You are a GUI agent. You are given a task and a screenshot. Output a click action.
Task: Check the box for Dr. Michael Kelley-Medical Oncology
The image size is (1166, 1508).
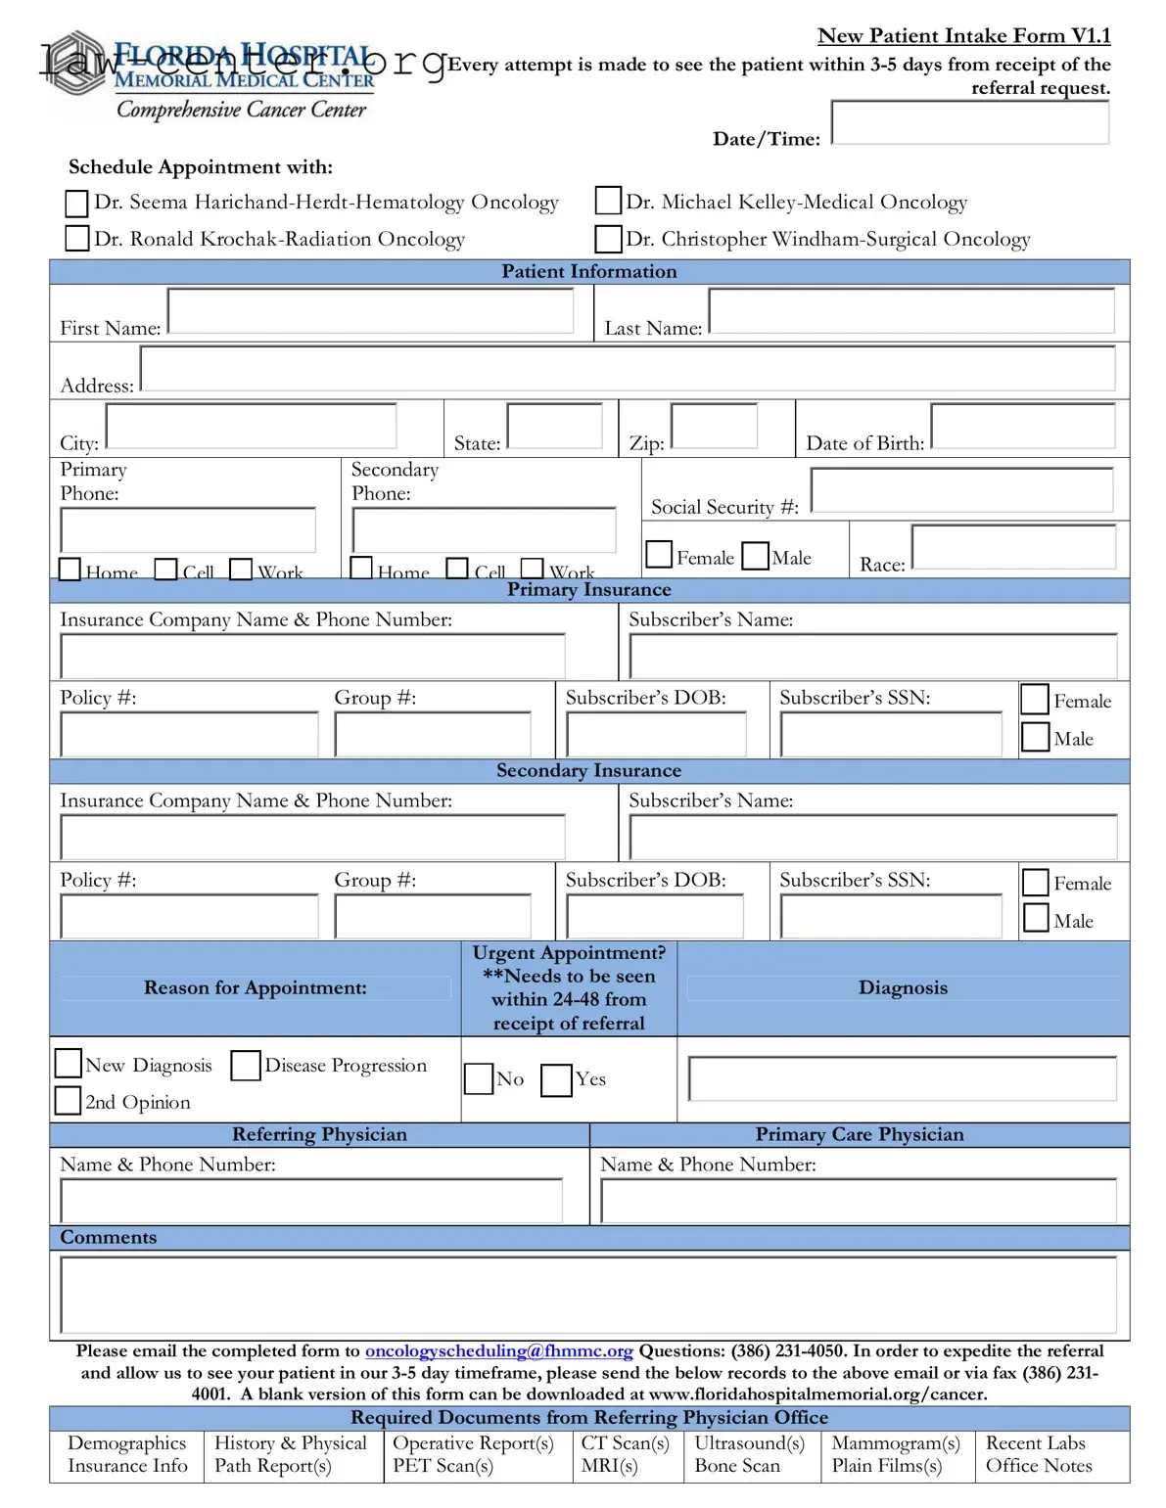coord(608,201)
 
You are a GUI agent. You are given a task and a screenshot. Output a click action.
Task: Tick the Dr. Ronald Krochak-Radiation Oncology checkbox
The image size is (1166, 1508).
coord(76,238)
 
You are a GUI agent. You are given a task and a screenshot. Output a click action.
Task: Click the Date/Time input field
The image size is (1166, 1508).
coord(969,122)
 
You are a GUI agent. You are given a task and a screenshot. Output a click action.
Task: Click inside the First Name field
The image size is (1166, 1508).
coord(370,311)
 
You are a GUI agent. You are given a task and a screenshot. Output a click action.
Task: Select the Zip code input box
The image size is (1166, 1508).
coord(714,426)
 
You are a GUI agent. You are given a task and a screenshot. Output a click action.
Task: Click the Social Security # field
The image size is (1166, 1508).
coord(961,489)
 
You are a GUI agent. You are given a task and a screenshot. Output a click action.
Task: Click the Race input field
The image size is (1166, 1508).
coord(1013,547)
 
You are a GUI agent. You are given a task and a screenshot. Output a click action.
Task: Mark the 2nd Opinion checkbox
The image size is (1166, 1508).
coord(68,1100)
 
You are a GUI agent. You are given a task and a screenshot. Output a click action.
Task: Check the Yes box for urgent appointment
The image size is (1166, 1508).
coord(556,1079)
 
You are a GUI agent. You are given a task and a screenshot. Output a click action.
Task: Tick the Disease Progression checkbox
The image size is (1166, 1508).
coord(245,1065)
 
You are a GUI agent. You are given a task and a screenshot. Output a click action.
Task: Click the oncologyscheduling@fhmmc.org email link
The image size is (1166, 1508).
coord(498,1350)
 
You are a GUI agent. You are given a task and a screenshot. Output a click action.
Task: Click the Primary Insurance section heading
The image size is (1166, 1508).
coord(588,590)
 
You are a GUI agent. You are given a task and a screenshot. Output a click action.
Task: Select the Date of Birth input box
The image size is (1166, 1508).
coord(1022,427)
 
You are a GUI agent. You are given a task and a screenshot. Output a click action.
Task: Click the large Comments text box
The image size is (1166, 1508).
coord(588,1295)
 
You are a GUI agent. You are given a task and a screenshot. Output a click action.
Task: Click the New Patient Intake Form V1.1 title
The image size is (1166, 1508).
coord(963,36)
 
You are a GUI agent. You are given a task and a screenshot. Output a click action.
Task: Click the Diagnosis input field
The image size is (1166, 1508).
coord(902,1078)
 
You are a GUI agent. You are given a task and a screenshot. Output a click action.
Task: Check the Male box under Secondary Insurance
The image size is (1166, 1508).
coord(1036,918)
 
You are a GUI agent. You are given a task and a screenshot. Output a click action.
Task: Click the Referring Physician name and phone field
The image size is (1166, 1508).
coord(311,1201)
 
